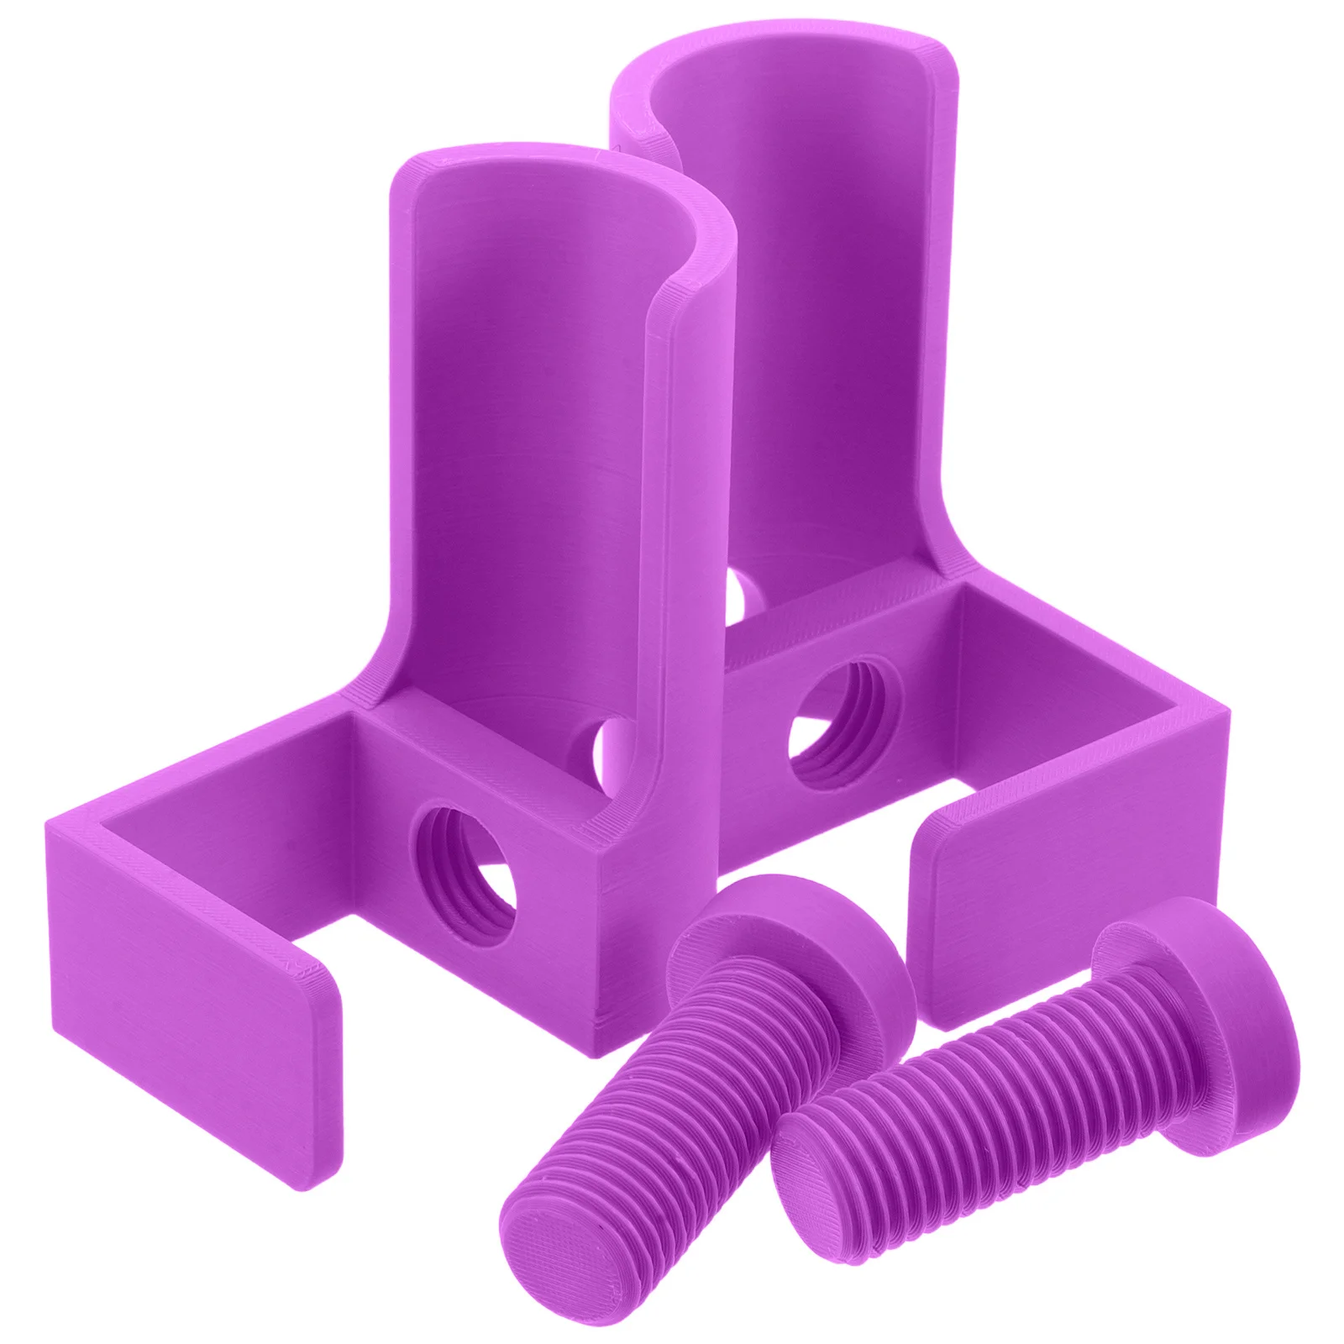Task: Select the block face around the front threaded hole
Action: (538, 924)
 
